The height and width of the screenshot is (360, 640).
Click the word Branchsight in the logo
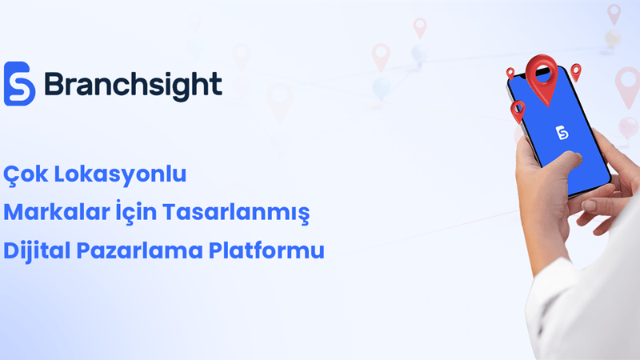pos(133,85)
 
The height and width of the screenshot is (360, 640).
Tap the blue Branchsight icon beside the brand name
pos(20,84)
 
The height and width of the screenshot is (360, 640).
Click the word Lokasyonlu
pos(131,174)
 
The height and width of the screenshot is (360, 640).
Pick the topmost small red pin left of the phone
pos(510,73)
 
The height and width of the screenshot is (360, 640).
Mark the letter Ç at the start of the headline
pos(13,174)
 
